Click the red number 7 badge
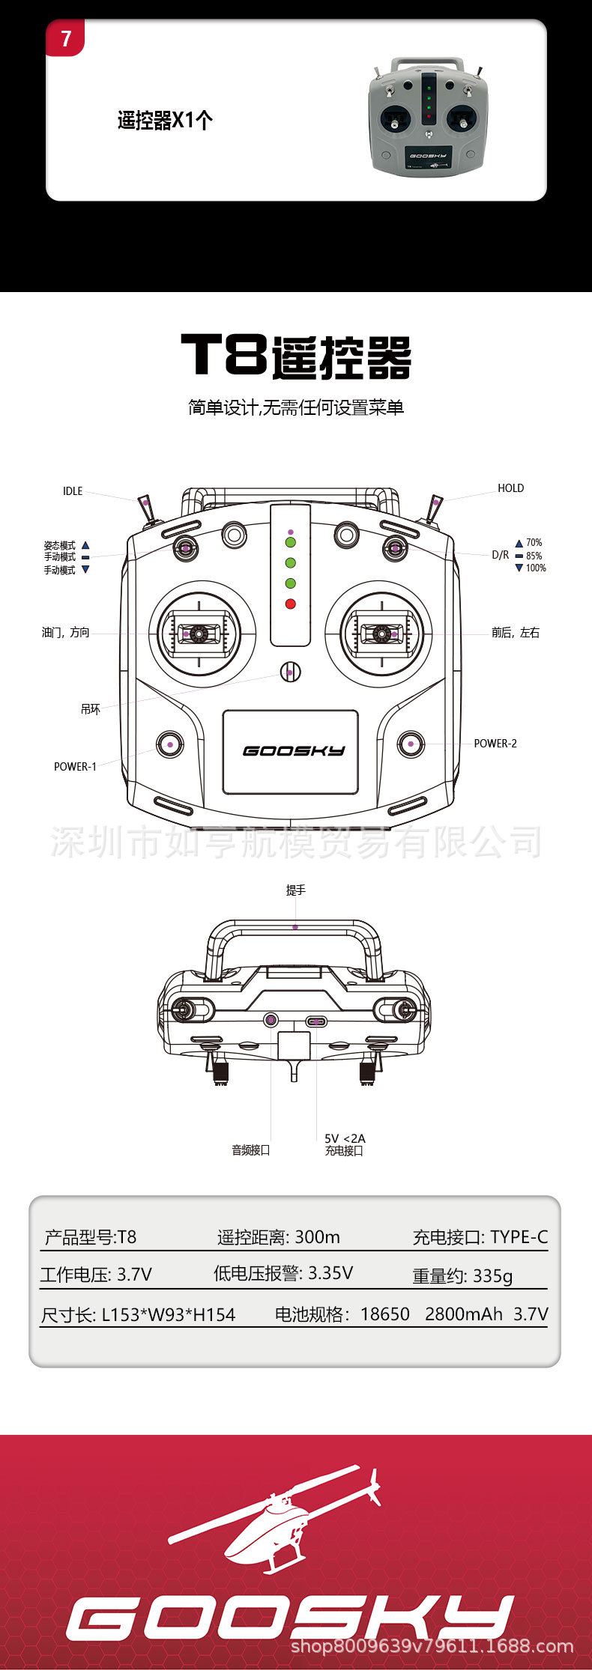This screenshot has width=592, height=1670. [66, 38]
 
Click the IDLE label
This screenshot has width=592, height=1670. [73, 491]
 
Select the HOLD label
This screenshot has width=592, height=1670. [510, 488]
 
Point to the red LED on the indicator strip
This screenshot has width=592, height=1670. [291, 604]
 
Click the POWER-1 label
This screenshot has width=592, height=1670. [75, 767]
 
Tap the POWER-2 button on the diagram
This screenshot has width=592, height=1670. [411, 744]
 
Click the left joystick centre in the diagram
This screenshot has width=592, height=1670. [199, 634]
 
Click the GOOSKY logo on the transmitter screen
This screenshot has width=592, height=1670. [294, 750]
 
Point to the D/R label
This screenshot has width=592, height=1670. [500, 555]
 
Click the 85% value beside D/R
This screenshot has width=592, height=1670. [534, 556]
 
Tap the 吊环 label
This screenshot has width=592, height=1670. [90, 708]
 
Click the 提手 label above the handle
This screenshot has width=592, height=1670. [295, 890]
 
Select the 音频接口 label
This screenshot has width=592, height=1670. [250, 1150]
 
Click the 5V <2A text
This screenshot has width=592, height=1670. [345, 1138]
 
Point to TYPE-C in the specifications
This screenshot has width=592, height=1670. [519, 1237]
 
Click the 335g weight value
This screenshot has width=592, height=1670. [492, 1275]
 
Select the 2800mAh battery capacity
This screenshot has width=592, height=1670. [463, 1314]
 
